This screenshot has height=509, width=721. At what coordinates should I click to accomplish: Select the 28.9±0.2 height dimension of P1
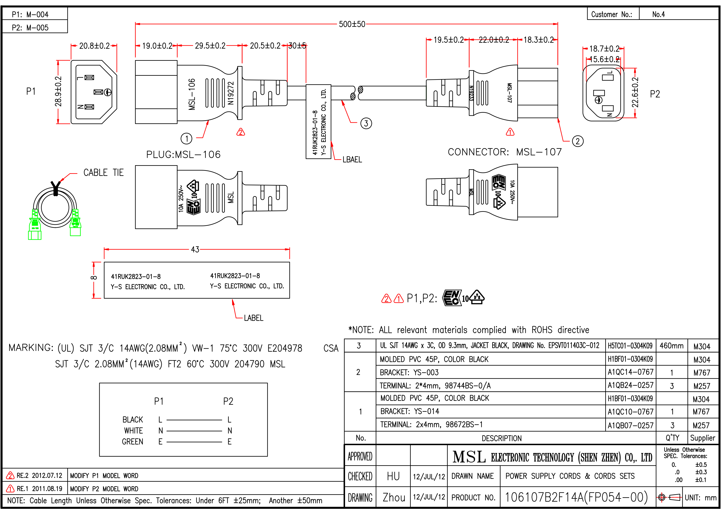(x=58, y=92)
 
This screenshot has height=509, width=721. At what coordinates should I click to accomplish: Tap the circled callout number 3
(x=366, y=123)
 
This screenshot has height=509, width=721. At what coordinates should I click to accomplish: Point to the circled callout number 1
(x=187, y=138)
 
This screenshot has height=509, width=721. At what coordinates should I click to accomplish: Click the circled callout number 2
(x=578, y=141)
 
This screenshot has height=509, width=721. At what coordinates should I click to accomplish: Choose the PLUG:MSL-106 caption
(x=183, y=154)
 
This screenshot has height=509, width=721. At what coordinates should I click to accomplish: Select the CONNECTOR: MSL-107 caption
(x=505, y=152)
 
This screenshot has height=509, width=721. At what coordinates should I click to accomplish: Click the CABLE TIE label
(x=103, y=172)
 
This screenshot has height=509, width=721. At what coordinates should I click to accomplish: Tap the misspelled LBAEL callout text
(x=352, y=160)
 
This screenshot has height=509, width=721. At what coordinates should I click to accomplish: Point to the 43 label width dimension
(x=195, y=249)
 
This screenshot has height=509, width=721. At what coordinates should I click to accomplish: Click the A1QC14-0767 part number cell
(x=630, y=372)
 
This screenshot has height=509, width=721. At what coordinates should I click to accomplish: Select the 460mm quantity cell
(x=671, y=346)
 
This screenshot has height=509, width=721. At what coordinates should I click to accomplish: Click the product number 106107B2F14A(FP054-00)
(x=576, y=497)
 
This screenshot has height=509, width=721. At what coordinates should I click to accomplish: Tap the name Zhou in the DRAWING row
(x=394, y=497)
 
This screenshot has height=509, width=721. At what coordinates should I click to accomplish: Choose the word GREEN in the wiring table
(x=133, y=441)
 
